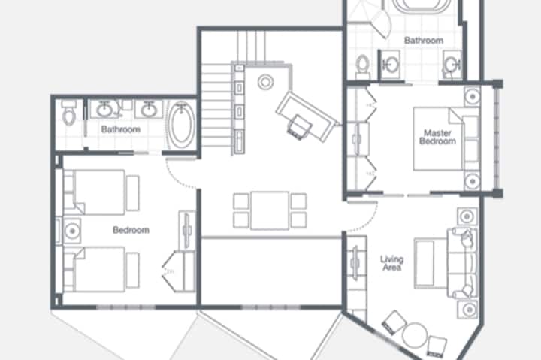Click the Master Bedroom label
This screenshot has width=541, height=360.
click(x=437, y=137)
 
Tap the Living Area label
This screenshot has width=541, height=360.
click(x=392, y=263)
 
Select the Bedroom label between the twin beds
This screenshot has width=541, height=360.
click(x=131, y=230)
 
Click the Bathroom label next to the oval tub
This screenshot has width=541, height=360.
click(x=121, y=129)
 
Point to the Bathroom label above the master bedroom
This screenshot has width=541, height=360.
click(x=424, y=41)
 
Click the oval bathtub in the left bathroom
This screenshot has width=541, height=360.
click(x=182, y=125)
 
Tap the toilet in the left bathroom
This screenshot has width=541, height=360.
click(x=68, y=113)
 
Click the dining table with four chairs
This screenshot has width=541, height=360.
click(x=270, y=210)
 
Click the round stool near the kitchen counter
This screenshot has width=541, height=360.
click(x=265, y=82)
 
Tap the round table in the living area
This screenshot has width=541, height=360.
click(x=414, y=334)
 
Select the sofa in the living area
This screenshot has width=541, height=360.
click(x=463, y=263)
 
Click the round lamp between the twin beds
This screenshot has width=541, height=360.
click(x=72, y=231)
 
